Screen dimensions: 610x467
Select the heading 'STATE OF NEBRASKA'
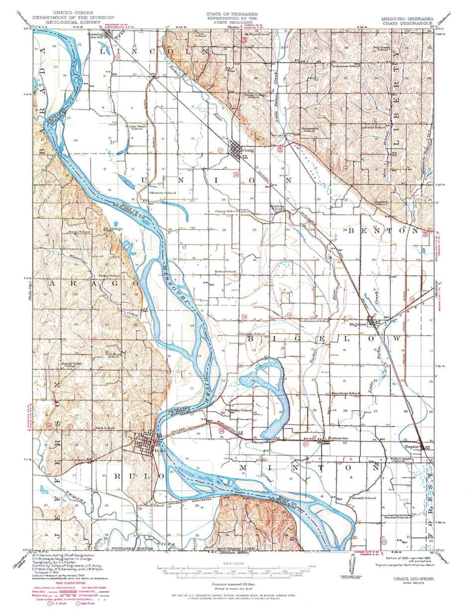(x=231, y=14)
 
